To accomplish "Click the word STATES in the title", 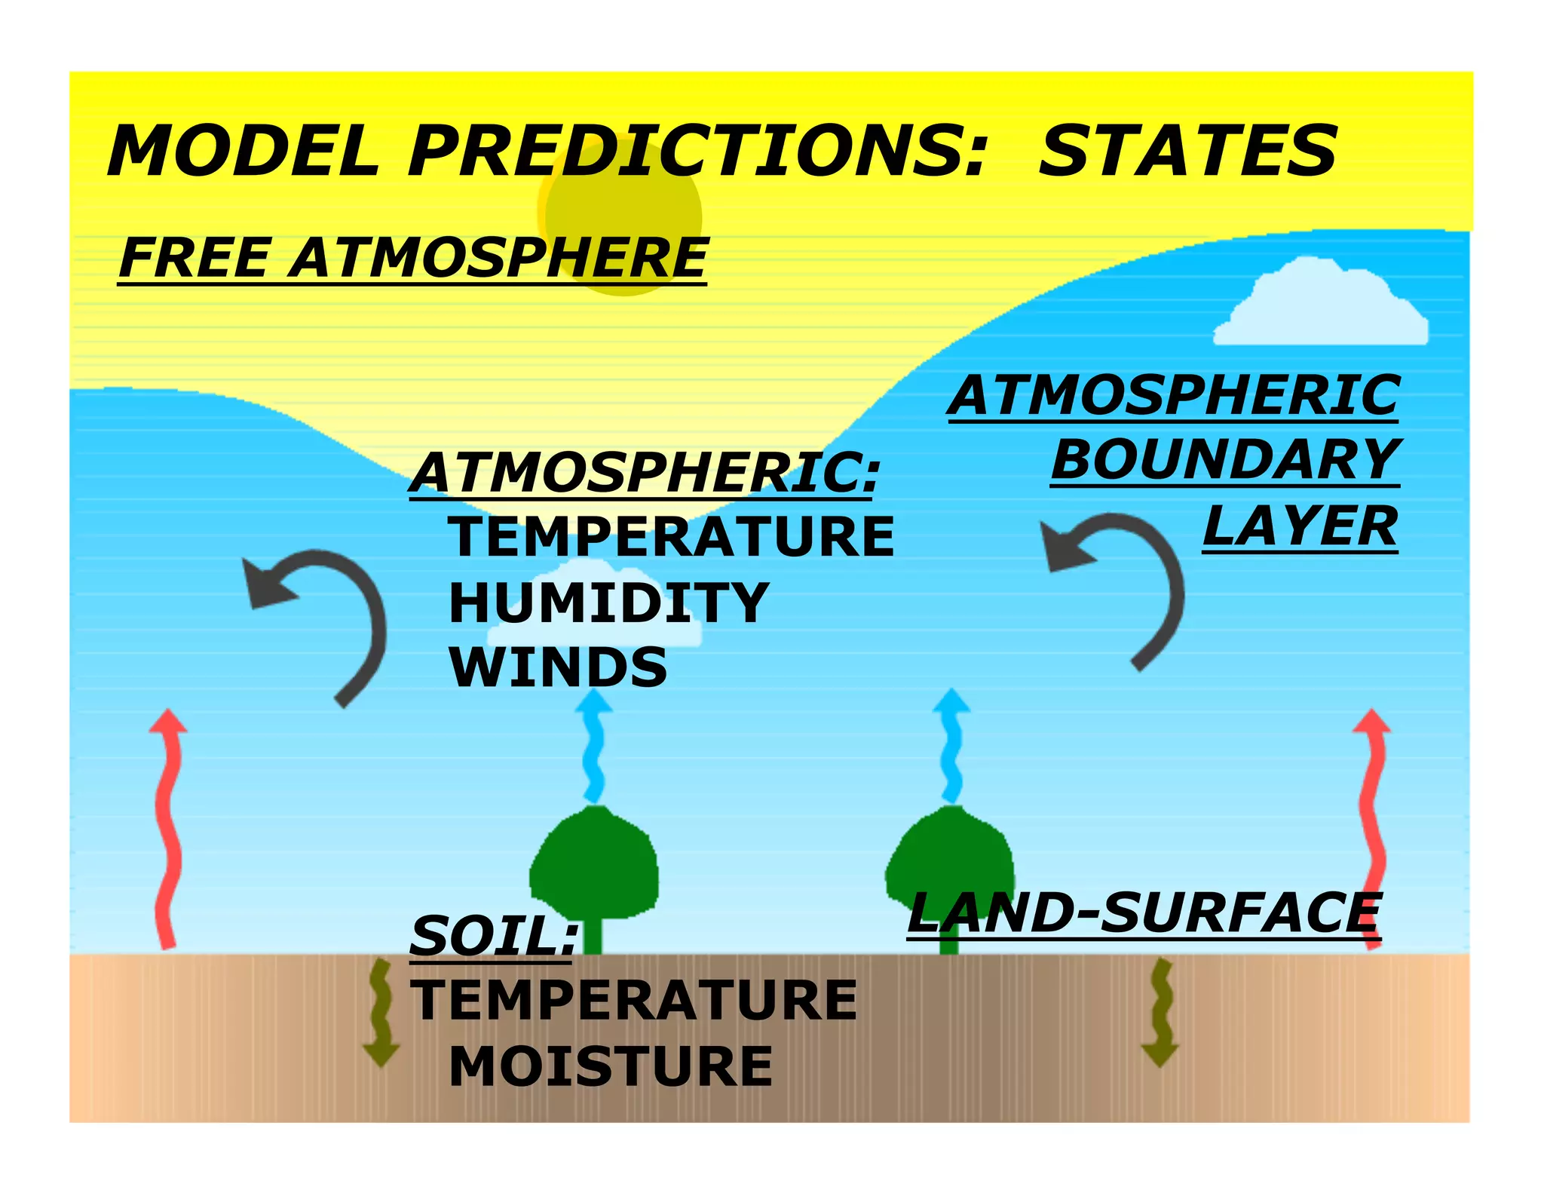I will click(x=1187, y=151).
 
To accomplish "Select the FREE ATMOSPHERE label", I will click(x=412, y=259).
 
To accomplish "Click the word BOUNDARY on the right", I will click(x=1225, y=460).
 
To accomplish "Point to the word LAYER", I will click(x=1300, y=526).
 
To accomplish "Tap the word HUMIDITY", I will click(x=608, y=603).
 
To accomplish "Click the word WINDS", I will click(x=558, y=668).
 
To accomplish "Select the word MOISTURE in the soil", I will click(x=611, y=1067).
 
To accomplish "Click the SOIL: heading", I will click(x=494, y=937).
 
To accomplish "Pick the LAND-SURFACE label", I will click(x=1144, y=914).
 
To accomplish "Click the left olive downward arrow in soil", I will click(x=381, y=1014).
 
